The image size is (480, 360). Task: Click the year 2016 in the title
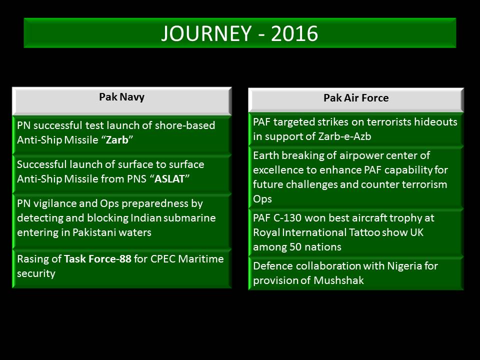click(x=294, y=33)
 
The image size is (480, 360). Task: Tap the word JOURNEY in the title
click(x=206, y=33)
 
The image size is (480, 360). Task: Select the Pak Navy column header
click(x=122, y=97)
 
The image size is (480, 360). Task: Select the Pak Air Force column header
click(x=356, y=98)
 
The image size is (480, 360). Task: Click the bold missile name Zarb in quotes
click(x=117, y=140)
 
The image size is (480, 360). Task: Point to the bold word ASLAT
click(x=169, y=179)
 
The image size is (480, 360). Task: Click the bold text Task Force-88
click(x=97, y=259)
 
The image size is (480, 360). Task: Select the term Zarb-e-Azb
click(x=344, y=136)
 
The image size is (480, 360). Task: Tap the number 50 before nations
click(x=295, y=247)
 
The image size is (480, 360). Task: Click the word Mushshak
click(x=338, y=280)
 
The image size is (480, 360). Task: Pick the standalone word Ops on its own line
click(x=262, y=199)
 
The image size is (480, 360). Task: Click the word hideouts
click(x=435, y=122)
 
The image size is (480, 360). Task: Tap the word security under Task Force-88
click(x=36, y=273)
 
